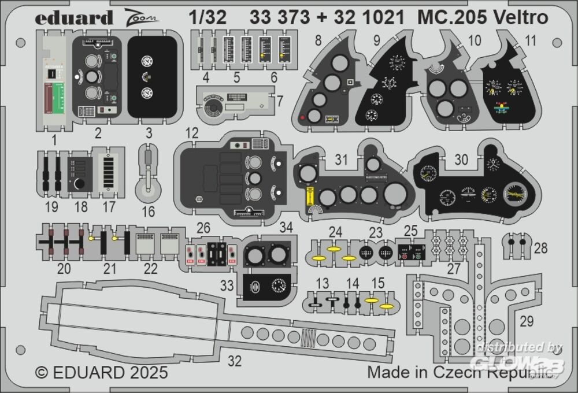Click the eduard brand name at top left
pos(73,18)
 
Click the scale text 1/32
pos(207,18)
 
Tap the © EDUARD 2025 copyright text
pos(101,372)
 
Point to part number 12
pos(192,134)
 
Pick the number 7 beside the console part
pos(279,101)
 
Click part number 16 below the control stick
pos(148,212)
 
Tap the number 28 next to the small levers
pos(540,248)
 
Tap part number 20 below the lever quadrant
pos(64,268)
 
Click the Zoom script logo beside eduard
pos(142,18)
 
